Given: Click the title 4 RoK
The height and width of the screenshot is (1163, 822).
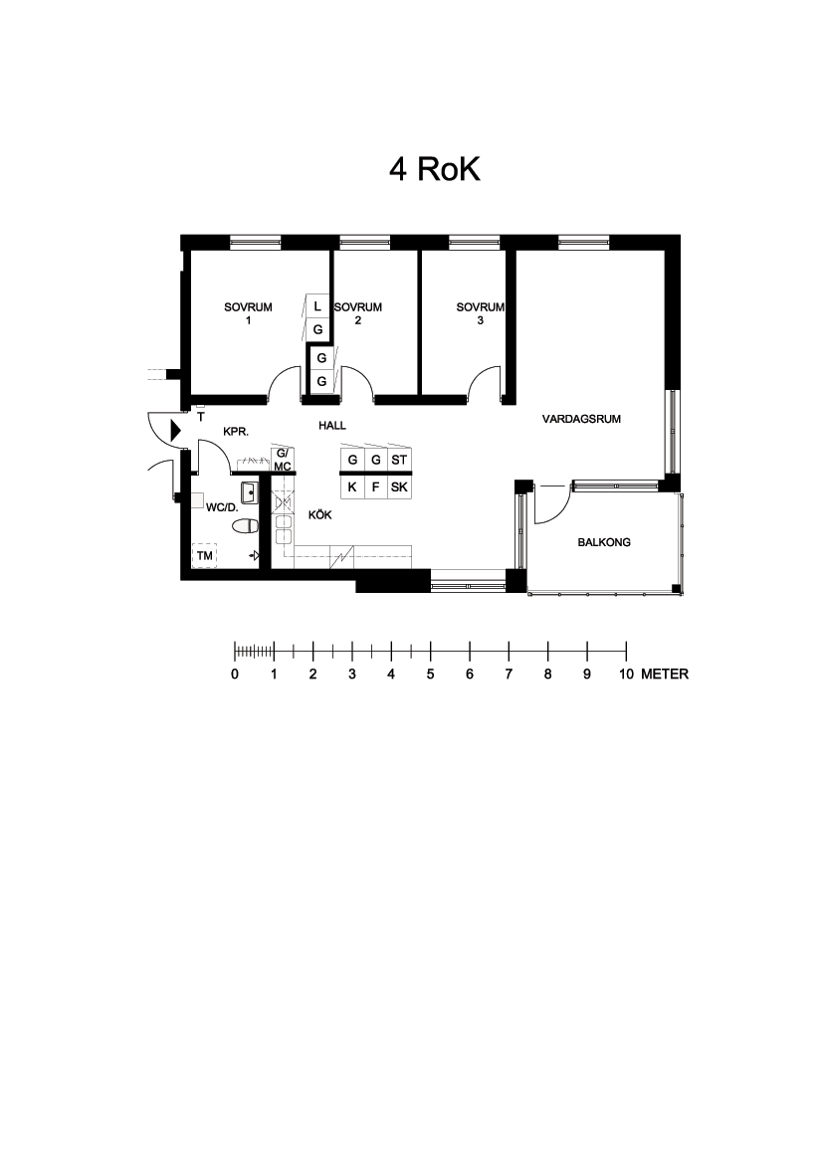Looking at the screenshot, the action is coord(435,169).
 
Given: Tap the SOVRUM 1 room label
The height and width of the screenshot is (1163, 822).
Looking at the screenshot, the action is coord(248,313).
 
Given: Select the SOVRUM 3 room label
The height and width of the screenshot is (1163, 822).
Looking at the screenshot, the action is coord(480,313).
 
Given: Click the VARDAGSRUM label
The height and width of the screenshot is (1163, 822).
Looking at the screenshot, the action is coord(581,419).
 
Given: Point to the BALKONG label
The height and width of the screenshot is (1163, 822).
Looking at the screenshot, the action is coord(604,542).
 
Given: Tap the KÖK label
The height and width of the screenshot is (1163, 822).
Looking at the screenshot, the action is coord(319,514).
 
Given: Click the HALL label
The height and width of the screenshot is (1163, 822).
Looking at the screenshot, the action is coord(332,426).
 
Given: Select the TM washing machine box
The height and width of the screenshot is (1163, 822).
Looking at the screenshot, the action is coord(205,555).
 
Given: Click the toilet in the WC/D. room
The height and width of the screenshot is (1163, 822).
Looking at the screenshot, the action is coord(245,526).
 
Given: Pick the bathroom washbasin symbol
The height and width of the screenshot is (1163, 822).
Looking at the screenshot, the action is coord(248,491).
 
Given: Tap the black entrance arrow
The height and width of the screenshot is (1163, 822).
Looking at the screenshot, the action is coord(176,430).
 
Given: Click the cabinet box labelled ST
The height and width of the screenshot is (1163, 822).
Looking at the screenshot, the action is coord(399,460).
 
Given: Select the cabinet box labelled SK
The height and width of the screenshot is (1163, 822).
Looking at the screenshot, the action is coord(399,486).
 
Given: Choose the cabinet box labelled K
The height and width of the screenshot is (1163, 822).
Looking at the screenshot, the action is coord(352,486).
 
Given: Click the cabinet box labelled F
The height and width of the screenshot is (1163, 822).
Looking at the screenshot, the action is coord(376,486).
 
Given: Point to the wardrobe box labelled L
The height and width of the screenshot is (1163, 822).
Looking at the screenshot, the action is coord(317,305).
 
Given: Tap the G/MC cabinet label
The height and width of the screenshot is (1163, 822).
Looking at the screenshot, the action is coord(283,460).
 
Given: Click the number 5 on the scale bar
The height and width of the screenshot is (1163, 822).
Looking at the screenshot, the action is coord(430,675).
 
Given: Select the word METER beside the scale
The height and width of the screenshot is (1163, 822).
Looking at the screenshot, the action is coord(665,675).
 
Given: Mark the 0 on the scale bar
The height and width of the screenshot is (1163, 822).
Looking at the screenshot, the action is coord(235,675).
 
